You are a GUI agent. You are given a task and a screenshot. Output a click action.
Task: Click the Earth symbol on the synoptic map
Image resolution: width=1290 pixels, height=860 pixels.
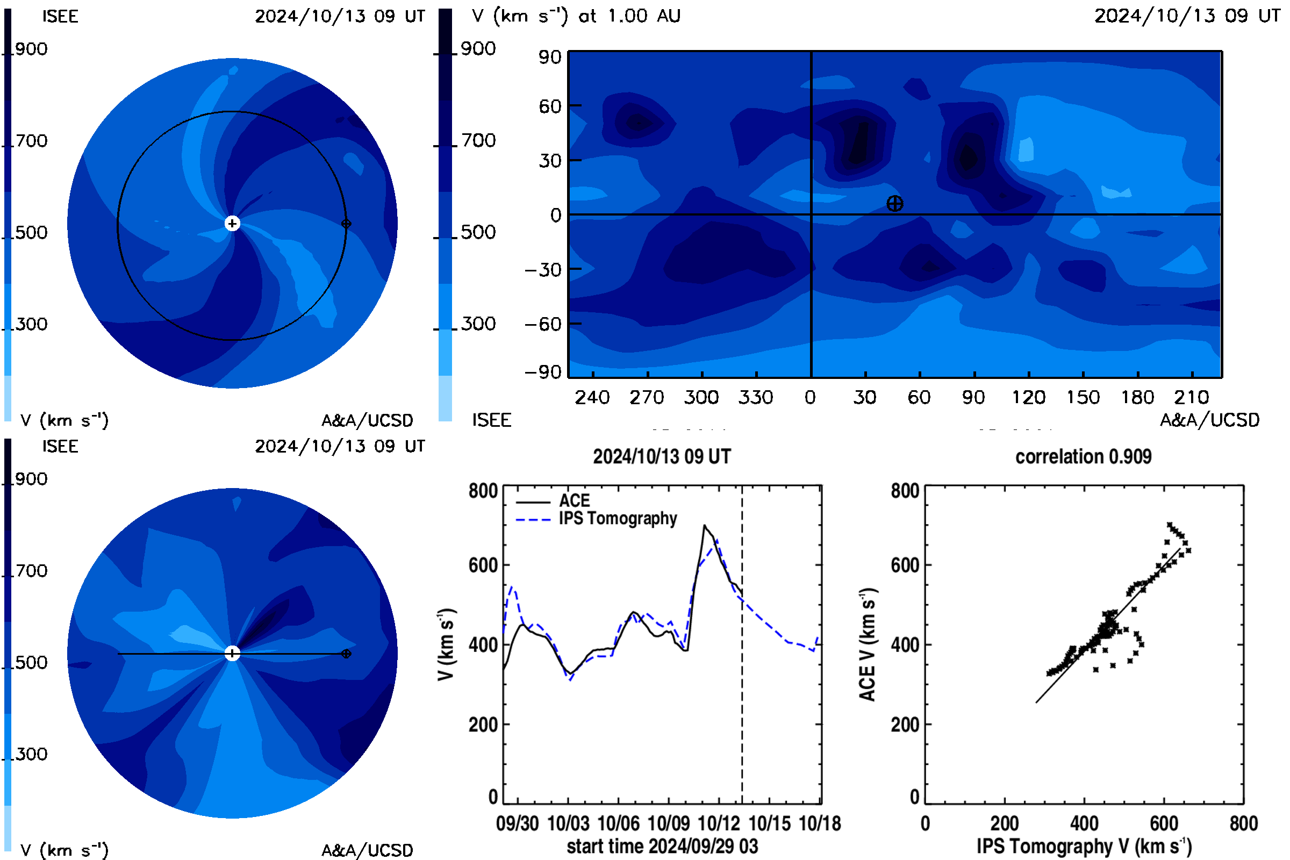(894, 204)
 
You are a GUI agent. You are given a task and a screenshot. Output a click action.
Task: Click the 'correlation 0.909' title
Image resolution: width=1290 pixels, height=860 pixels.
(1083, 456)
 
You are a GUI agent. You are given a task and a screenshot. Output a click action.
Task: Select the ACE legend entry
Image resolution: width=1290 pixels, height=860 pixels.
(553, 501)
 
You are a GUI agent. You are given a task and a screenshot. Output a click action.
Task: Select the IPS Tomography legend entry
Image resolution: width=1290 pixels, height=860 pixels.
(596, 518)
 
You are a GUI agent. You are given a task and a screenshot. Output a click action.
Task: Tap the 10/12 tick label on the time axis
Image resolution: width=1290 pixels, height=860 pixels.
(719, 823)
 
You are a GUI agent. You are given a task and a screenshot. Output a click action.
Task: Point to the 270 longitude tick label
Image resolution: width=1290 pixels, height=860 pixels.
(647, 397)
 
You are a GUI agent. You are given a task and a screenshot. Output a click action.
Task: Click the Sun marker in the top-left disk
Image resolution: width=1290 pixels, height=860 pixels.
(232, 223)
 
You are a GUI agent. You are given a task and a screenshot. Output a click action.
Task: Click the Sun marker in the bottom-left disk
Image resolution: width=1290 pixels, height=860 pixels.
(232, 653)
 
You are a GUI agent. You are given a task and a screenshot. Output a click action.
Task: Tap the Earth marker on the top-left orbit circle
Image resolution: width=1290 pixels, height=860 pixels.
(346, 223)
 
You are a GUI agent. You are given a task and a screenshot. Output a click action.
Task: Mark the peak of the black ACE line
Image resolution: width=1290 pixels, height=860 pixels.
(705, 526)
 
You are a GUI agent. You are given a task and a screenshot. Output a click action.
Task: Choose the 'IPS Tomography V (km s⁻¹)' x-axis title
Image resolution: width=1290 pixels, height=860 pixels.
(1084, 846)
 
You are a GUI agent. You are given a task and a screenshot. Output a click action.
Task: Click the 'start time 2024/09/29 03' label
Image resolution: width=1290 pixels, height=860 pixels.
(662, 846)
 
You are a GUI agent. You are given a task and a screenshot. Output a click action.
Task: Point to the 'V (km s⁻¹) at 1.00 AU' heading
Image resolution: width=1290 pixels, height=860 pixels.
(576, 16)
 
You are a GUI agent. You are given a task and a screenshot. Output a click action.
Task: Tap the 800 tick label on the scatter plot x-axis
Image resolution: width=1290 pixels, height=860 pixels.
(1243, 823)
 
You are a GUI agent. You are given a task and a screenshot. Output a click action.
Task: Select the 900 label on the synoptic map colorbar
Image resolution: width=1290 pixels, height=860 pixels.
(478, 49)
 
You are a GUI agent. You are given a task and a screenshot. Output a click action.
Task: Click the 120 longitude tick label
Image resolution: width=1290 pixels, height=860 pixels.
(1028, 397)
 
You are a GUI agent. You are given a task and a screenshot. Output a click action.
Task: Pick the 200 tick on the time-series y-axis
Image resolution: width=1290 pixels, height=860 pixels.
(483, 725)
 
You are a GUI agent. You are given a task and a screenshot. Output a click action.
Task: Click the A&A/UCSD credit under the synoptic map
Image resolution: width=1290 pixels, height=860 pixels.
(1210, 420)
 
